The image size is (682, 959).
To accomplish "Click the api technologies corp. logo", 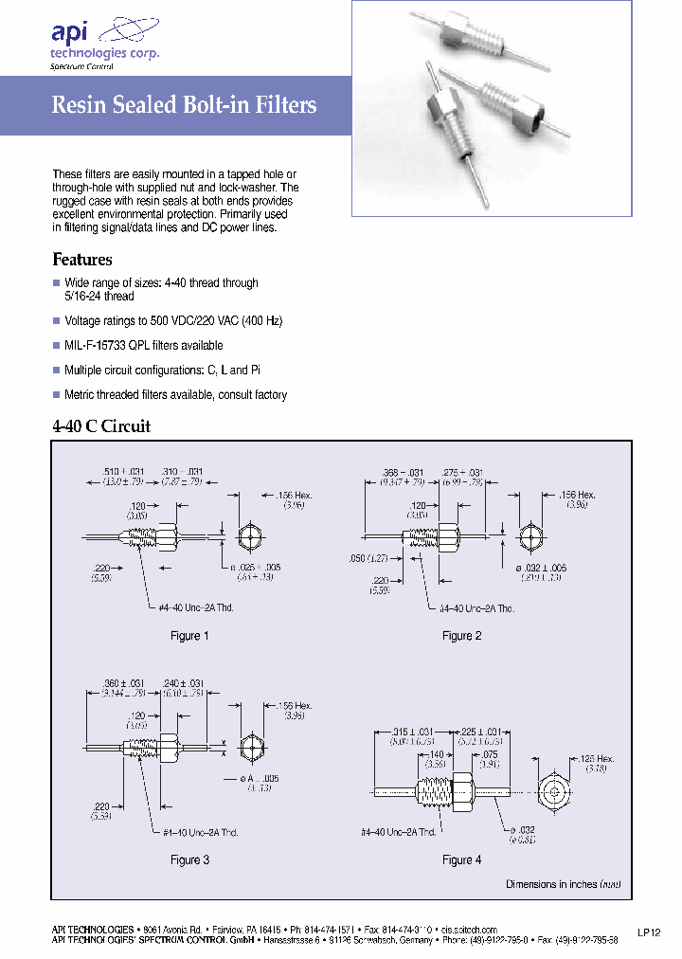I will coord(104,44).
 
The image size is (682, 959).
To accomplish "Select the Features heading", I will coord(81,260).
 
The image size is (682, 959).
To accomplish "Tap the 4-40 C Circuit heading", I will coord(100,426).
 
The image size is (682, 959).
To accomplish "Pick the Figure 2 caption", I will coord(462,636).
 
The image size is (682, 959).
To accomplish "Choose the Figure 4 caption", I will coord(462,859).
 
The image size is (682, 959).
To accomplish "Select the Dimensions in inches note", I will coord(565,884).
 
